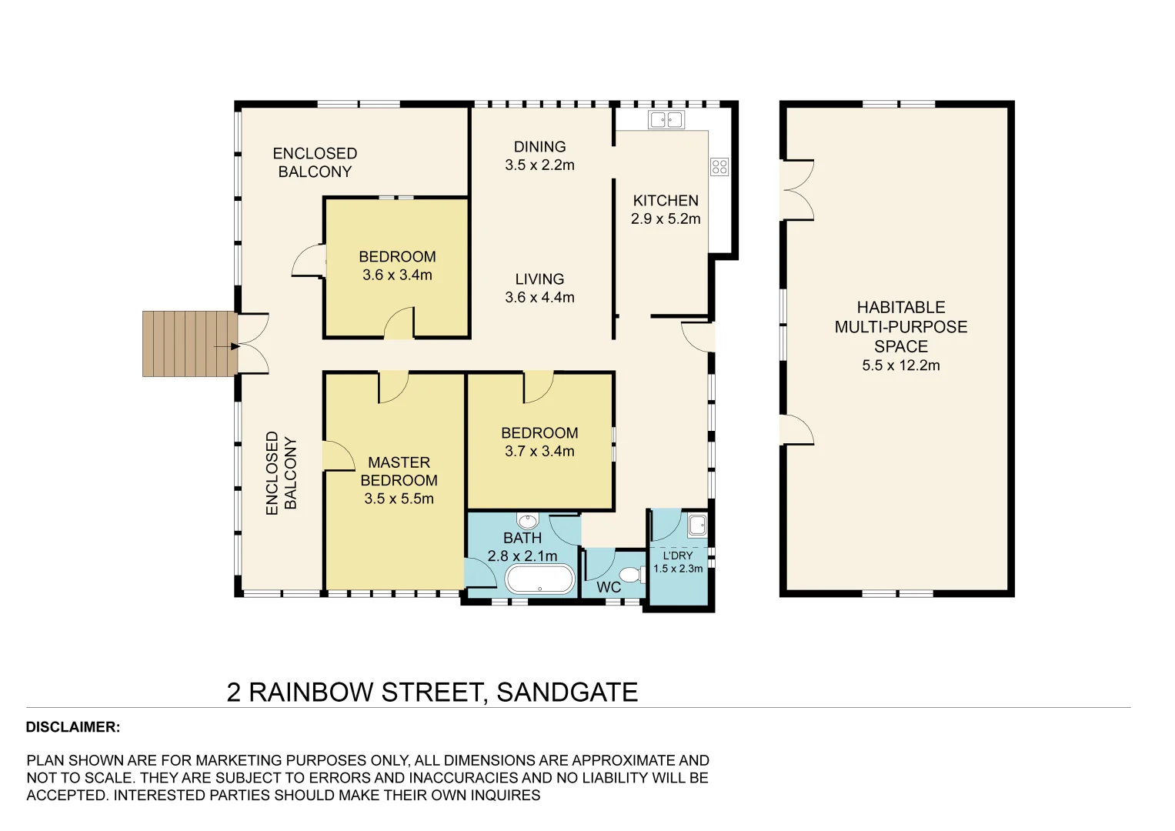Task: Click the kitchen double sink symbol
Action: point(666,119)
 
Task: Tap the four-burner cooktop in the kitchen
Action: point(719,166)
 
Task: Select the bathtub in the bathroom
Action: point(540,579)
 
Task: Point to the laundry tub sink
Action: point(697,526)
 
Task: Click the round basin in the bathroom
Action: point(527,522)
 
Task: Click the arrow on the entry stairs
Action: point(227,347)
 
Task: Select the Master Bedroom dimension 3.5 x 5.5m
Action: point(399,499)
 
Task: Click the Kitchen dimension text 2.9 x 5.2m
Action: point(666,219)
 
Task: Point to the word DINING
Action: point(539,147)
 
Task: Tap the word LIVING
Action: point(539,279)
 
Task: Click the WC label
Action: point(608,587)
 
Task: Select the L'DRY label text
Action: point(678,556)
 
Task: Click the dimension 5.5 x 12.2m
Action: point(900,365)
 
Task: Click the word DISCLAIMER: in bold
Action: point(73,727)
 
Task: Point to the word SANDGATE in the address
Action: point(567,692)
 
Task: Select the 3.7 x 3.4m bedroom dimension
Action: point(539,452)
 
